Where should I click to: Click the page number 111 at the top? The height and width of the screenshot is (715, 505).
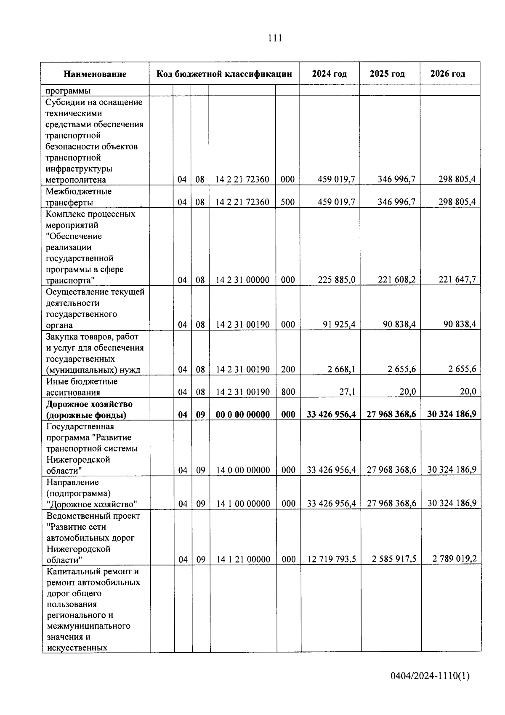[275, 38]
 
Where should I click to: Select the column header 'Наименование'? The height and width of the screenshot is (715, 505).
[95, 74]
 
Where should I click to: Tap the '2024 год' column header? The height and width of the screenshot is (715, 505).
[330, 74]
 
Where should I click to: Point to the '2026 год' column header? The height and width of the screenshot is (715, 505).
[448, 74]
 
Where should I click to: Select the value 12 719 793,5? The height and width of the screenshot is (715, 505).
[332, 559]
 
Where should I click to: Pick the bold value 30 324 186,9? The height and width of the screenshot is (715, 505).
[452, 414]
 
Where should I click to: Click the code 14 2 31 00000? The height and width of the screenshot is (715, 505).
[242, 280]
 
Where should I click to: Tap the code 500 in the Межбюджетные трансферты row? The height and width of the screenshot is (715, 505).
[287, 202]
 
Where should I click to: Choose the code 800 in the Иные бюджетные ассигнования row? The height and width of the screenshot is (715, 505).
[288, 392]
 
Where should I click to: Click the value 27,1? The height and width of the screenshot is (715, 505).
[347, 392]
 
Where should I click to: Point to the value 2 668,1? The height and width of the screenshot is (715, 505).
[341, 370]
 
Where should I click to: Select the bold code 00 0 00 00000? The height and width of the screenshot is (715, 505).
[242, 415]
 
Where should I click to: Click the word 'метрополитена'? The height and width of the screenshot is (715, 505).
[76, 180]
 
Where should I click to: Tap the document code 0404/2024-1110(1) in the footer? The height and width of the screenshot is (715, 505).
[430, 676]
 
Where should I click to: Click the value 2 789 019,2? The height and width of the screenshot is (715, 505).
[454, 559]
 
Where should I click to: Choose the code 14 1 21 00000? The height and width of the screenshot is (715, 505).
[243, 560]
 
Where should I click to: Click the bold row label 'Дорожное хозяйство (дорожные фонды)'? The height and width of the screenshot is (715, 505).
[89, 410]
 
